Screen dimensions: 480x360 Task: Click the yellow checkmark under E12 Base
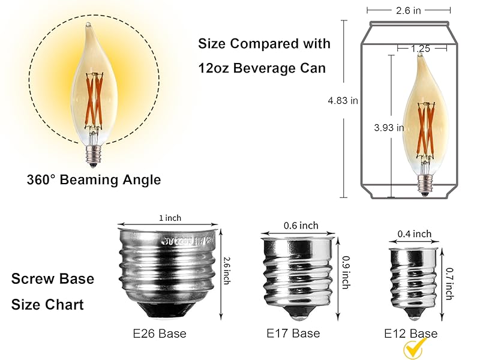coord(415,349)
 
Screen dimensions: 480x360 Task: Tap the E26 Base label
coord(160,334)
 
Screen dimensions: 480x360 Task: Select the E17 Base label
coord(293,333)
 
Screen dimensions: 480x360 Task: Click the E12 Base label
coord(411,334)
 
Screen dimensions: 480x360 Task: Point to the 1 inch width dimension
coord(170,218)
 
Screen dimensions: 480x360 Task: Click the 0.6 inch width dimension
coord(301,226)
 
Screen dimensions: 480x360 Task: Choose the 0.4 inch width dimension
coord(414,234)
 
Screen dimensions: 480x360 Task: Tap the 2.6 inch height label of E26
coord(227,271)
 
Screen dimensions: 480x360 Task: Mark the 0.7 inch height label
coord(449,283)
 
